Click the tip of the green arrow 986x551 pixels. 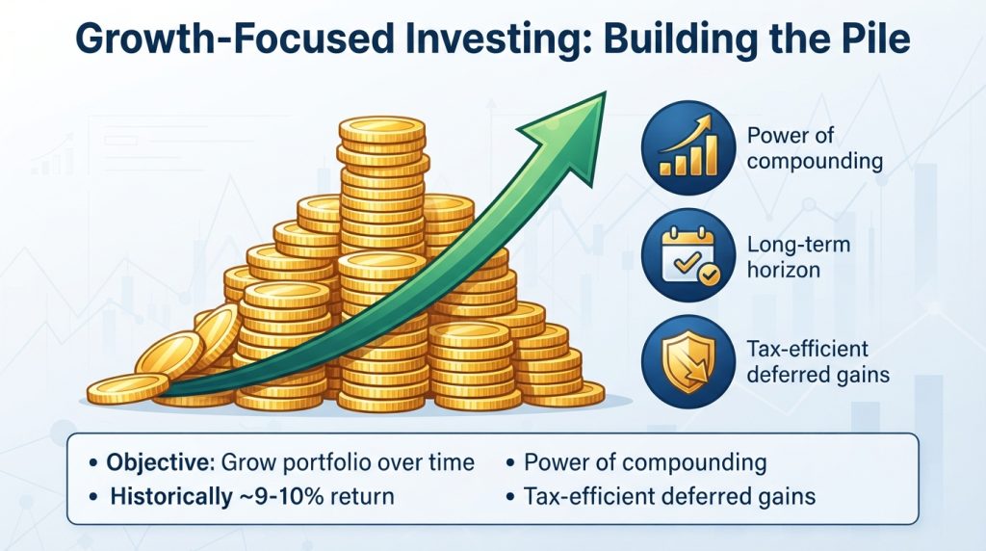pyautogui.click(x=605, y=93)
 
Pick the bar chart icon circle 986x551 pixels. pyautogui.click(x=688, y=147)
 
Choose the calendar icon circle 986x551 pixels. pyautogui.click(x=688, y=255)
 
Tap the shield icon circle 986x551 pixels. pyautogui.click(x=688, y=362)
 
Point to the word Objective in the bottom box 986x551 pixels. pyautogui.click(x=160, y=463)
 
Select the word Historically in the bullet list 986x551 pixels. pyautogui.click(x=171, y=496)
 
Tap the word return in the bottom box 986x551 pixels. pyautogui.click(x=362, y=497)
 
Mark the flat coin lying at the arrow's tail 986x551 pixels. pyautogui.click(x=128, y=388)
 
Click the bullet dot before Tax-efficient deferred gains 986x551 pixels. pyautogui.click(x=510, y=497)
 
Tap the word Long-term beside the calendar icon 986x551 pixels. pyautogui.click(x=798, y=244)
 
